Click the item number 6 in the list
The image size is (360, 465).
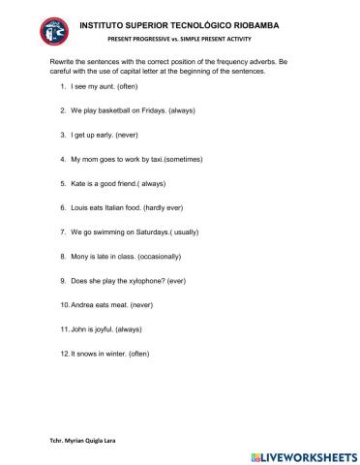[x=62, y=207]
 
